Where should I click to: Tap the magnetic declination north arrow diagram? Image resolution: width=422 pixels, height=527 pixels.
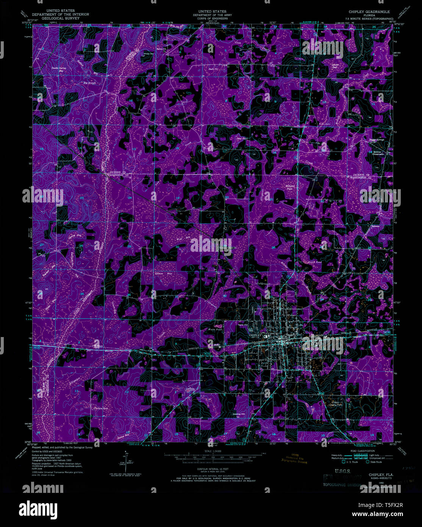127,460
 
